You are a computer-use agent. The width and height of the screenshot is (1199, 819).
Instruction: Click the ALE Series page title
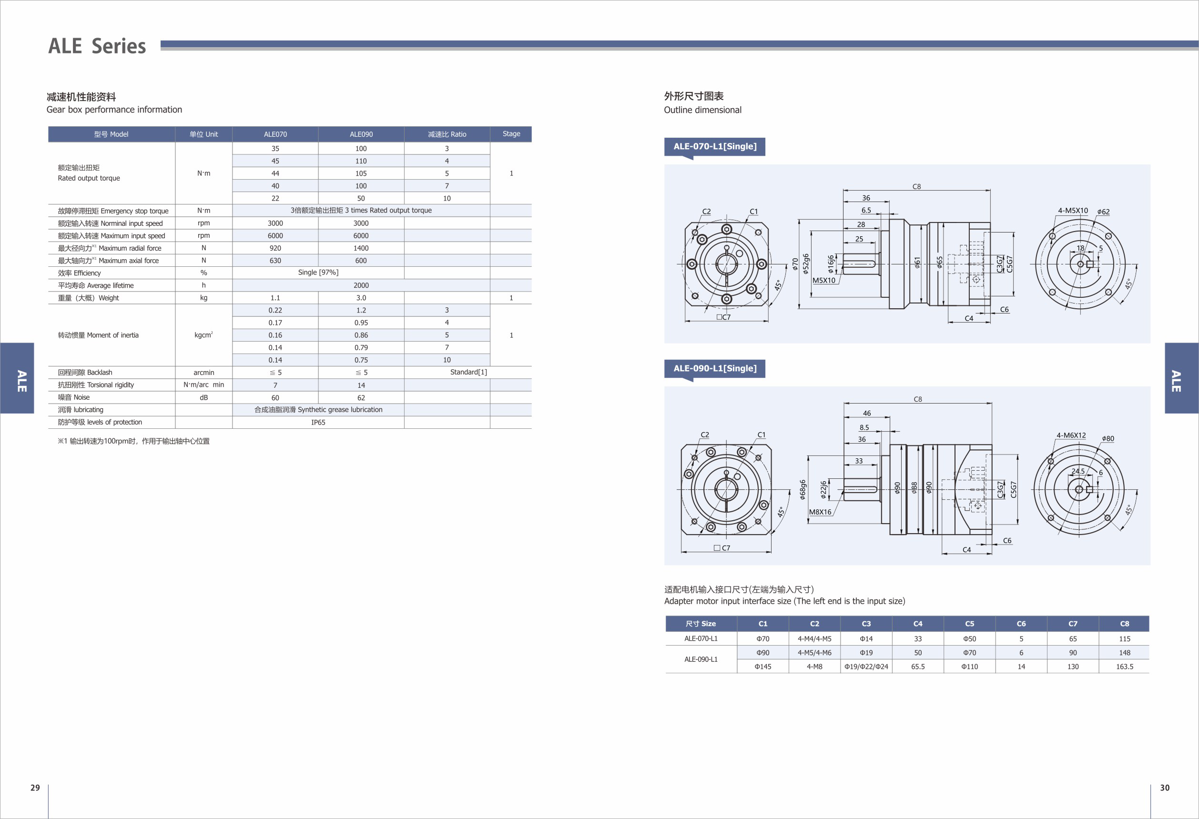click(97, 46)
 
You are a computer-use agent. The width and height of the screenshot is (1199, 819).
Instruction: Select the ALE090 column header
click(361, 134)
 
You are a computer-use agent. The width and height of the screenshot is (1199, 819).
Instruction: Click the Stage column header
click(511, 133)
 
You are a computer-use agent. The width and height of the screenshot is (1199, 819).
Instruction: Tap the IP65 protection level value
click(318, 423)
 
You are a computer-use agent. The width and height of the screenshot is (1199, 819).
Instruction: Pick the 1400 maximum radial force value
click(361, 248)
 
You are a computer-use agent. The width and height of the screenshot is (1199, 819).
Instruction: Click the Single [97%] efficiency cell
click(318, 273)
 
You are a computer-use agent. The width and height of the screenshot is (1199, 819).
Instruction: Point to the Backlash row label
click(85, 373)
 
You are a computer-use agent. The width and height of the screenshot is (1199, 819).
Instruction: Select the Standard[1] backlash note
click(468, 372)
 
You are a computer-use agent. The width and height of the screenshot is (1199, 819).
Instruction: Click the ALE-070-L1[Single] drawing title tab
click(714, 146)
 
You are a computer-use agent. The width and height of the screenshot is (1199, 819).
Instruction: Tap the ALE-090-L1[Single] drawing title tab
click(714, 368)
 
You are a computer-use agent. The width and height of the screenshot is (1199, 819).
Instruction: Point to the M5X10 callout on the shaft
click(824, 281)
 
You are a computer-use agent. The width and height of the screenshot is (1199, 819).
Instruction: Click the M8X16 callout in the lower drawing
click(820, 512)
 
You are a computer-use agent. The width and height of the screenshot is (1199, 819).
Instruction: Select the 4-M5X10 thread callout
click(1073, 211)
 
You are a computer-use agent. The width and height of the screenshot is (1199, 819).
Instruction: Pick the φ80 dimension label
click(1108, 439)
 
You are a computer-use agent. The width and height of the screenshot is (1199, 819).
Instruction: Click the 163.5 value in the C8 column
click(1124, 667)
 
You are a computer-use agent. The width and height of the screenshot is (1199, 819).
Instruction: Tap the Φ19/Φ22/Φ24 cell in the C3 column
click(866, 667)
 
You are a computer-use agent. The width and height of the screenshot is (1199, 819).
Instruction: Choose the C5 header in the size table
click(969, 624)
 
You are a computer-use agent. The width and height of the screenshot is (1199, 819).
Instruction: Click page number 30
click(1164, 788)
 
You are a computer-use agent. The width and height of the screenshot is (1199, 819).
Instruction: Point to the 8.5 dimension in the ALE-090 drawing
click(864, 427)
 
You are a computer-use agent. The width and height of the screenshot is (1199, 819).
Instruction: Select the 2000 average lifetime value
click(361, 285)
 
